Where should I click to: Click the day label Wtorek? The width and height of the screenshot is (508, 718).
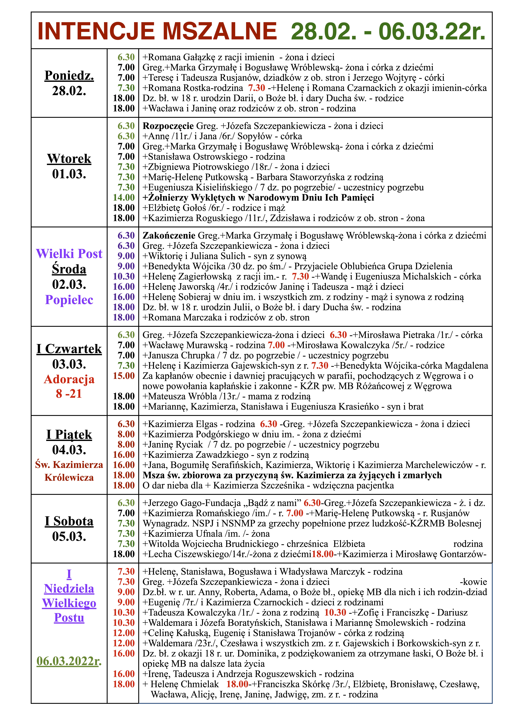(69, 159)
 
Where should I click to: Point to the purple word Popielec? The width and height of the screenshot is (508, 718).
(69, 300)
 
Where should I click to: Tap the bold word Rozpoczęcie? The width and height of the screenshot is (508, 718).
(168, 126)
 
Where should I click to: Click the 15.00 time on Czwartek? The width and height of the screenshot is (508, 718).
(124, 376)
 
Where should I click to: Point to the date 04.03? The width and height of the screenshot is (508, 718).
(69, 450)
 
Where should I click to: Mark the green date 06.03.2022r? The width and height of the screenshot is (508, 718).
(69, 661)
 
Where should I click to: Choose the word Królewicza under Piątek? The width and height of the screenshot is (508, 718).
(69, 478)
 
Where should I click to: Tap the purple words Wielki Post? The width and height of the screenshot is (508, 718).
(69, 254)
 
